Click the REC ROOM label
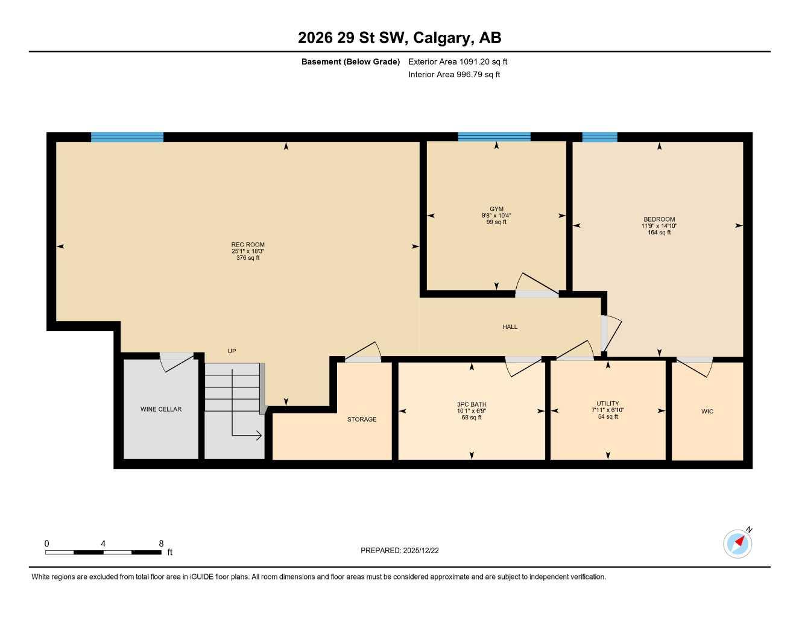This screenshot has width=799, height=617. tap(248, 245)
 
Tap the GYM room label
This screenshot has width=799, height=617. tap(496, 209)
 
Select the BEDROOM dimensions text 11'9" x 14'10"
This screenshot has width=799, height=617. tap(659, 226)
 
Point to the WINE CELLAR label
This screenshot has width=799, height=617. tap(161, 409)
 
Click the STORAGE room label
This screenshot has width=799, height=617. tap(362, 419)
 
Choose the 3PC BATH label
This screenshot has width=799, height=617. tap(472, 404)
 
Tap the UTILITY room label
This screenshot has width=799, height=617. tap(608, 404)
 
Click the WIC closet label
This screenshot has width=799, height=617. tap(707, 412)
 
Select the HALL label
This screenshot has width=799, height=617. tap(510, 327)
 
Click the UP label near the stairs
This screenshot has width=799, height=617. tap(232, 351)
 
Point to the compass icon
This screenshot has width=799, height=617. tap(737, 543)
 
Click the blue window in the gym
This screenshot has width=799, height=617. tap(494, 137)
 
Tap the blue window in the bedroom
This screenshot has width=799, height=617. tap(599, 137)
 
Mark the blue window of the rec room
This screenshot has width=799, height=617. tap(127, 137)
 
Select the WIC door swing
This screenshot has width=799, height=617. tap(695, 367)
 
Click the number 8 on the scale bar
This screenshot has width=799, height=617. tap(161, 543)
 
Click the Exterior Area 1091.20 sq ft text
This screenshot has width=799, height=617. tap(458, 61)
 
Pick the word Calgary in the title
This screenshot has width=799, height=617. tap(443, 38)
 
